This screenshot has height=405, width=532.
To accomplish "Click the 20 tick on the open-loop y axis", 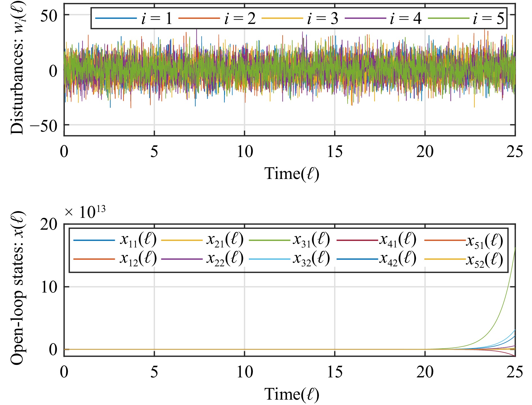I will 49,225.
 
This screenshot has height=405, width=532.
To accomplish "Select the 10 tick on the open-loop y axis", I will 49,287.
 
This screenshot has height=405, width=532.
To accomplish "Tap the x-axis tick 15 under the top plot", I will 335,152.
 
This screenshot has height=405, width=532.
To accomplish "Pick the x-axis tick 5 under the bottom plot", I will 154,372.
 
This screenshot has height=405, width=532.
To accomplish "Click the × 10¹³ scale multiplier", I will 85,212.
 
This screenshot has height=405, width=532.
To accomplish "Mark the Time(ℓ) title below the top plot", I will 292,174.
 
